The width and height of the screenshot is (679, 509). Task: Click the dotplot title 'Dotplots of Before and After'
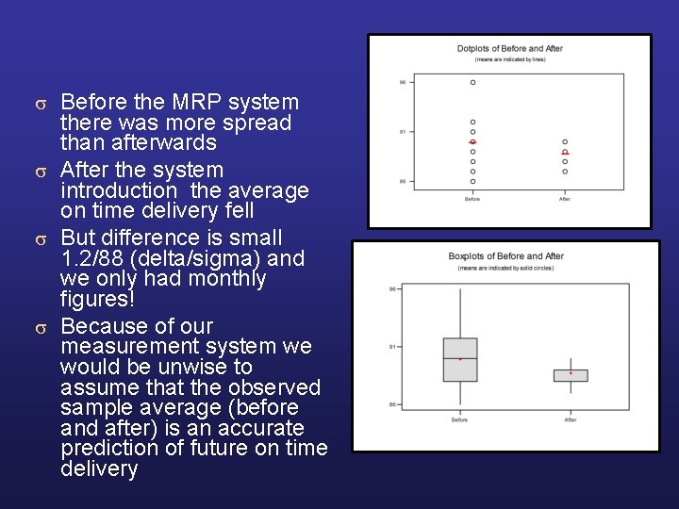pos(509,49)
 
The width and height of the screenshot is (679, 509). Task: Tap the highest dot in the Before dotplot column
pos(472,82)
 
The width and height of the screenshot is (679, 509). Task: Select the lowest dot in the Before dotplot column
pos(472,181)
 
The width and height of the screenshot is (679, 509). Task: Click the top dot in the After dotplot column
pos(565,141)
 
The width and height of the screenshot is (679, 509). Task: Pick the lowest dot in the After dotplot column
pos(565,172)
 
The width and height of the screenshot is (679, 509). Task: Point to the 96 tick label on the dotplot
pos(403,82)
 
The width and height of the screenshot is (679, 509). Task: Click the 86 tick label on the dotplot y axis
pos(403,181)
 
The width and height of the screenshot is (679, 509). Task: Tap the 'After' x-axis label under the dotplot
pos(565,199)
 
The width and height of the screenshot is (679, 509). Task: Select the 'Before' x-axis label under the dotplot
pos(472,199)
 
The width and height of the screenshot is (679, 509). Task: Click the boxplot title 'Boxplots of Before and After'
pos(505,256)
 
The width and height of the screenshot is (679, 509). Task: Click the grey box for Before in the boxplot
pos(459,360)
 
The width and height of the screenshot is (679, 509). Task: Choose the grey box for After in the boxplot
pos(571,375)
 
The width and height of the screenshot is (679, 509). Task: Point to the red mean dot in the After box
pos(571,373)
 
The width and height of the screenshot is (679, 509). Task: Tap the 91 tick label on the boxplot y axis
pos(392,347)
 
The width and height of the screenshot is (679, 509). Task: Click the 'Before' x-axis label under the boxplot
pos(459,419)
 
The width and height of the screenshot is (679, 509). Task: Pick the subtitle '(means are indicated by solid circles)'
pos(505,269)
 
